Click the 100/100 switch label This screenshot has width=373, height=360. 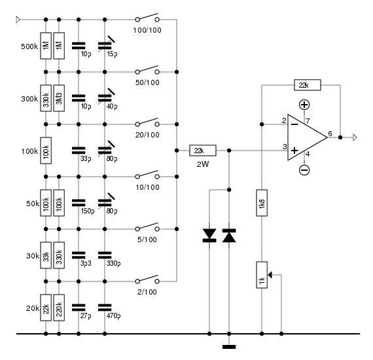(x=147, y=30)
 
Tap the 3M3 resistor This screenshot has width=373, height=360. (x=59, y=98)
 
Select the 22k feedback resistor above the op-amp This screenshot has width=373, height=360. (x=308, y=85)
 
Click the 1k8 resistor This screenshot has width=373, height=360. (x=262, y=203)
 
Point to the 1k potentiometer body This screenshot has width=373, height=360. (x=262, y=275)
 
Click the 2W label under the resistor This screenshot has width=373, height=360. (x=203, y=164)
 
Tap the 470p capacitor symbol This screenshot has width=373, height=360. (x=105, y=308)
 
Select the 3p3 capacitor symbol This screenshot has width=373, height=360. (x=79, y=255)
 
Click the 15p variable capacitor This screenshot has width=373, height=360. (x=106, y=45)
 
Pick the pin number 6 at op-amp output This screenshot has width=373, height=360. (x=330, y=134)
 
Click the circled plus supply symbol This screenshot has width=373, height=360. (x=304, y=105)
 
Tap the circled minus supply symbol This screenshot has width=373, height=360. (x=304, y=170)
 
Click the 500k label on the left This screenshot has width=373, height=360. (x=29, y=46)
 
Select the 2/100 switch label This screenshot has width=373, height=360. (x=147, y=292)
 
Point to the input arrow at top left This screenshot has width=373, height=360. (x=18, y=20)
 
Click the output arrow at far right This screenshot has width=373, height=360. (x=355, y=137)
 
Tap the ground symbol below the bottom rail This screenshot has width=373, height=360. (x=229, y=347)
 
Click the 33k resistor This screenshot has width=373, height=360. (x=46, y=255)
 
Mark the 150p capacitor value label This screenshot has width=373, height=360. (x=88, y=211)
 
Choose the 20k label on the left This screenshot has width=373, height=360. (x=33, y=308)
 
